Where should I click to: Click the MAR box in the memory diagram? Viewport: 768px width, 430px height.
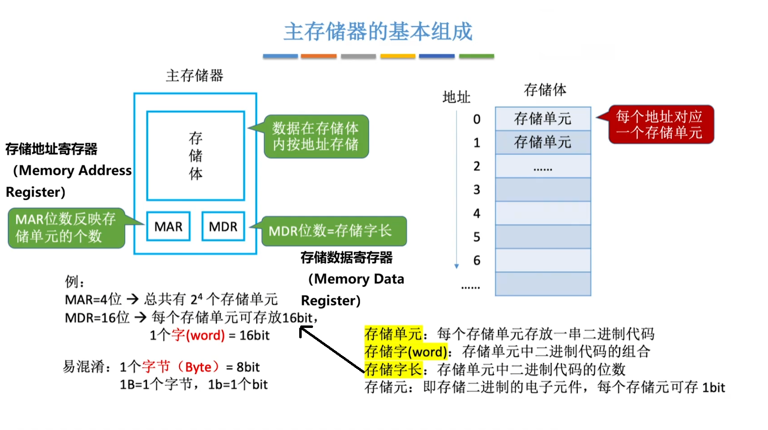169,226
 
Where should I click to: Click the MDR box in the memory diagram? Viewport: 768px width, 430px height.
223,226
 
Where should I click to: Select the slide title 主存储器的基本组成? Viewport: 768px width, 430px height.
378,32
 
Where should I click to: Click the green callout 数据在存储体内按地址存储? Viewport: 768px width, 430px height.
316,137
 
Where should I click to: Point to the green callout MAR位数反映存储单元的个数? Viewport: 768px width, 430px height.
66,228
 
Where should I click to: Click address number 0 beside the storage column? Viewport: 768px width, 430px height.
477,119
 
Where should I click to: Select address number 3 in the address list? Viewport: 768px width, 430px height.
477,190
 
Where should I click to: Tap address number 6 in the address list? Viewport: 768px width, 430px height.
477,260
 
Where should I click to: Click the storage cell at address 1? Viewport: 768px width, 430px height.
543,143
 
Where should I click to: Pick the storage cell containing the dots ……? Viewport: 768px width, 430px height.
543,166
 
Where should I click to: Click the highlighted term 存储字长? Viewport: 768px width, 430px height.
393,369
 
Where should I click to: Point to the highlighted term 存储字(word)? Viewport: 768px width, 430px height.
406,352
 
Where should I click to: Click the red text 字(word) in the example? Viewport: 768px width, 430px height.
198,335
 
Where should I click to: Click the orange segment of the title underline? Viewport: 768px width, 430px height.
318,56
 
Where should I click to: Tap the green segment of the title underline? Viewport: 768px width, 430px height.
476,56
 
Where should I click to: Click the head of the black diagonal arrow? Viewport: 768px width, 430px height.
303,330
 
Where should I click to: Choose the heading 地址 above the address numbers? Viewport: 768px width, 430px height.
456,97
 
